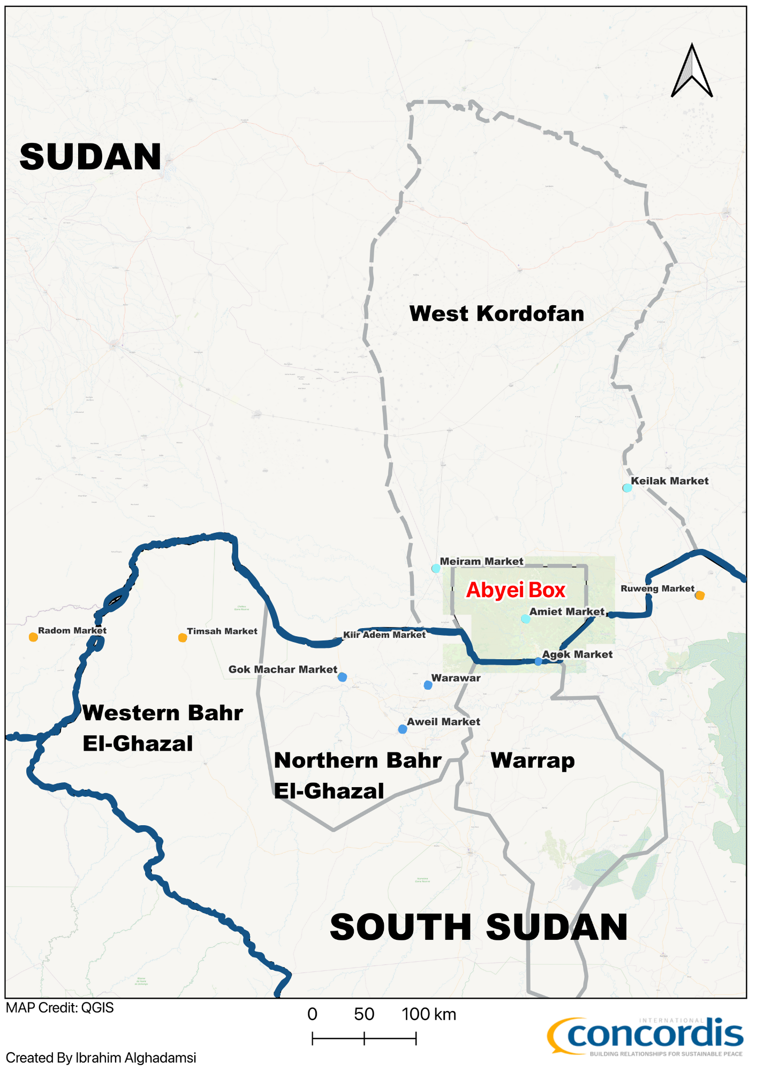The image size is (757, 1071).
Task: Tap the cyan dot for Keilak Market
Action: pos(627,488)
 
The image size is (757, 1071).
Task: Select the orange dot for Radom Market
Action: pos(33,637)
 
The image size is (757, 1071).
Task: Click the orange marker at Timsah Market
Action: pos(183,638)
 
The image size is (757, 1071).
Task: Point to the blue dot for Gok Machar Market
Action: pos(343,677)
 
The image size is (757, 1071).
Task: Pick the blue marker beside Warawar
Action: pos(428,685)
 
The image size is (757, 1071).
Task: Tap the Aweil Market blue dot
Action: pos(403,729)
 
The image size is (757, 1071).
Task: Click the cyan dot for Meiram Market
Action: pos(436,569)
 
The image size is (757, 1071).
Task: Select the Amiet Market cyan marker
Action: pos(526,619)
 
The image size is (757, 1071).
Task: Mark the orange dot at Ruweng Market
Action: pos(700,595)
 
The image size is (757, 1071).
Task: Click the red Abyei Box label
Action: pos(516,591)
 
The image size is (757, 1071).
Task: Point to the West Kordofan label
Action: pos(496,314)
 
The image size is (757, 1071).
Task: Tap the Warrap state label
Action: pos(533,761)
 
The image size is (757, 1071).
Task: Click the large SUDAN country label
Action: pos(90,157)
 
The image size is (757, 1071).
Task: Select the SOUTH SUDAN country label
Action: pos(479,928)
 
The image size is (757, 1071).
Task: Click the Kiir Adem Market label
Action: pos(384,635)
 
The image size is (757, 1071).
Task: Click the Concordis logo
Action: pos(645,1037)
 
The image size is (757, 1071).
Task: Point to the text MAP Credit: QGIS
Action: pos(60,1008)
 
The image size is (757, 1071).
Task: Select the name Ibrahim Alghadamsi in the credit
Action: pos(136,1058)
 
